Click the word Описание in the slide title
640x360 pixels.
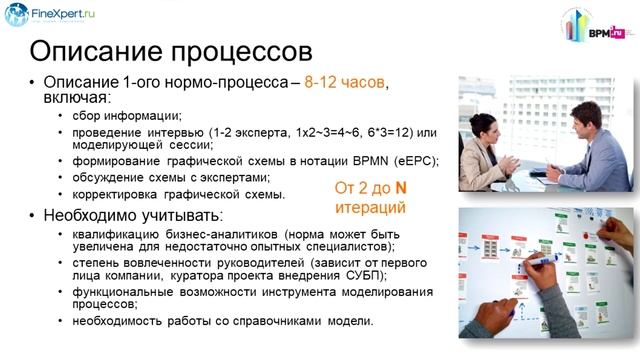coord(98,51)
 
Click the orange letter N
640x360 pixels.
coord(398,188)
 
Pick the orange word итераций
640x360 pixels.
coord(372,209)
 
